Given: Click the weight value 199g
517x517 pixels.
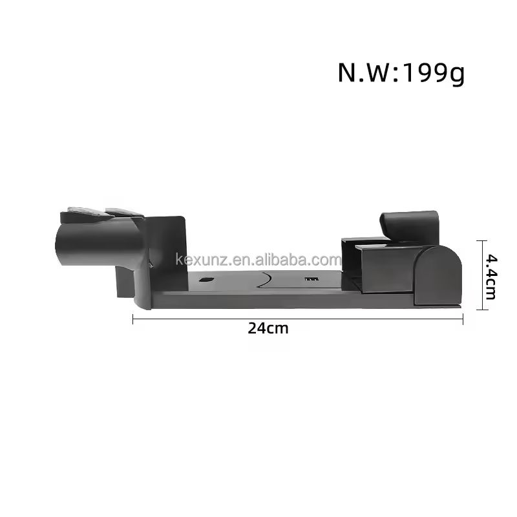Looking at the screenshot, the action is [x=434, y=73].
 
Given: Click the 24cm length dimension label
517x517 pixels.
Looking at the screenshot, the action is [x=268, y=328].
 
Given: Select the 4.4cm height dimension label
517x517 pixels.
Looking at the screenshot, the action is [x=491, y=277].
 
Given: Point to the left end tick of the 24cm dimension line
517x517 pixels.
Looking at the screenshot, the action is [x=133, y=319].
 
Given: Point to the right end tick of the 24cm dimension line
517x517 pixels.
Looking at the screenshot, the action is [x=463, y=319].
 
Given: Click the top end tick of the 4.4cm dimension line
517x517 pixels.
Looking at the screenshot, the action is [x=482, y=241].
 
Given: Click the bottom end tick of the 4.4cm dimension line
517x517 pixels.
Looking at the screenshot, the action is [x=482, y=310].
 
